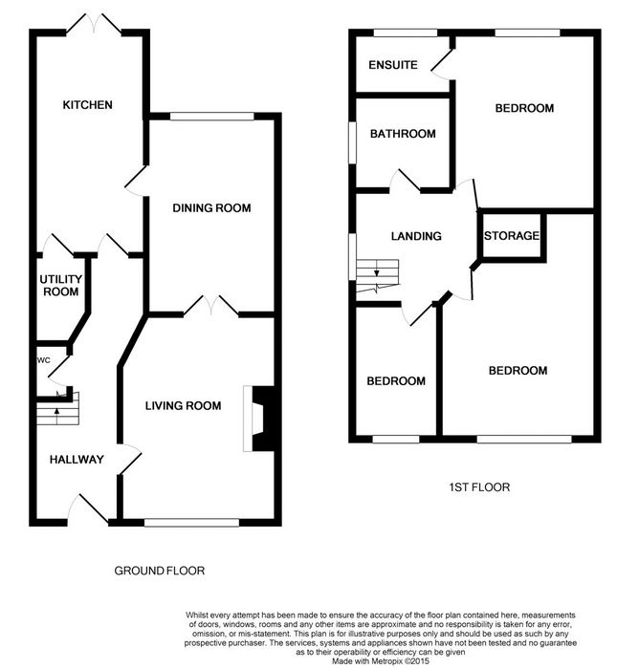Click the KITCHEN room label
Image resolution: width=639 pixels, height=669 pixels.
pyautogui.click(x=88, y=104)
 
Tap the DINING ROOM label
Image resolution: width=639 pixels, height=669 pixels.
pyautogui.click(x=211, y=207)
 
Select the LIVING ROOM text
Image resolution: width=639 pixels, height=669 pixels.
pyautogui.click(x=184, y=405)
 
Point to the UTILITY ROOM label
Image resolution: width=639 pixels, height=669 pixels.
pyautogui.click(x=60, y=286)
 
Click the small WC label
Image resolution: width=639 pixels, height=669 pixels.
pyautogui.click(x=44, y=360)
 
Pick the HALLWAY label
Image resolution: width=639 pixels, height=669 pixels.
pyautogui.click(x=77, y=459)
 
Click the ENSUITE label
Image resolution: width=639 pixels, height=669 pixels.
pyautogui.click(x=393, y=65)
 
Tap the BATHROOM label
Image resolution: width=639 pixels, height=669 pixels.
pyautogui.click(x=403, y=134)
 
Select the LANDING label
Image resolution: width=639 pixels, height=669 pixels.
pyautogui.click(x=416, y=236)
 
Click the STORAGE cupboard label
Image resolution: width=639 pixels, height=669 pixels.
pyautogui.click(x=511, y=235)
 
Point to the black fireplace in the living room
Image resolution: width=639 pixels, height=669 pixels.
pyautogui.click(x=263, y=419)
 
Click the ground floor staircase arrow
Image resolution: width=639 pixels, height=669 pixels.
pyautogui.click(x=56, y=412)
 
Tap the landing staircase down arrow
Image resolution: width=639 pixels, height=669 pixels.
pyautogui.click(x=376, y=272)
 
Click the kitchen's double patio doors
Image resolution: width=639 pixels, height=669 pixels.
pyautogui.click(x=94, y=24)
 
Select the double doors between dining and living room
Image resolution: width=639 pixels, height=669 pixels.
pyautogui.click(x=211, y=306)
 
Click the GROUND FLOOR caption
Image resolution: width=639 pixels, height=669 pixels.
pyautogui.click(x=160, y=571)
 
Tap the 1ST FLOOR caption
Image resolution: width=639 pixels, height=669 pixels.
pyautogui.click(x=479, y=487)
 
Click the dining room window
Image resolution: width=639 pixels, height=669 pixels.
pyautogui.click(x=211, y=116)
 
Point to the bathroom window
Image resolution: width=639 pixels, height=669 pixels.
pyautogui.click(x=352, y=143)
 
